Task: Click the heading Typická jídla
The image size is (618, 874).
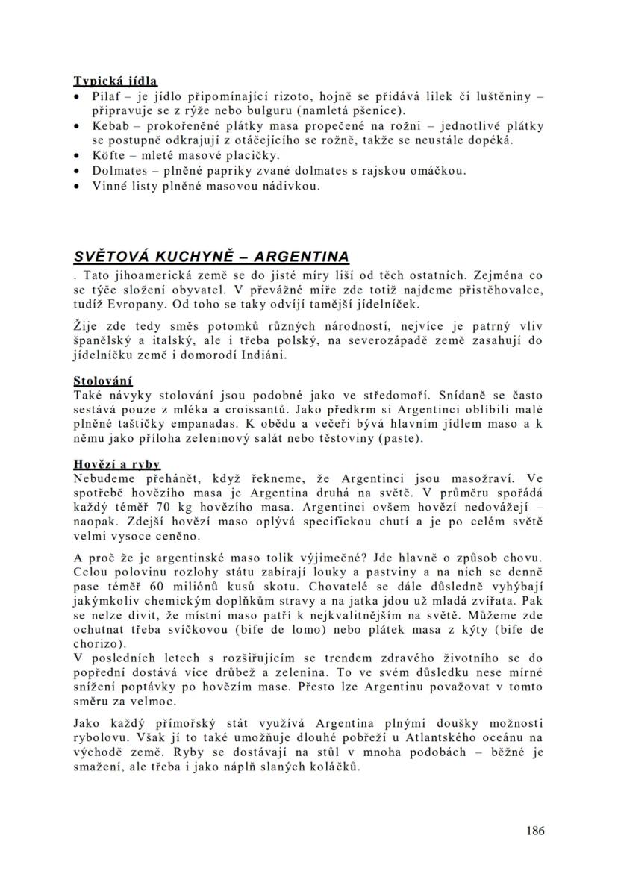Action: click(x=116, y=81)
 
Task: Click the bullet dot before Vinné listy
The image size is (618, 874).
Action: click(x=78, y=186)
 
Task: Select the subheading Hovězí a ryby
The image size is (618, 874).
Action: click(x=117, y=464)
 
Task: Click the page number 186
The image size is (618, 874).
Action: click(x=534, y=830)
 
